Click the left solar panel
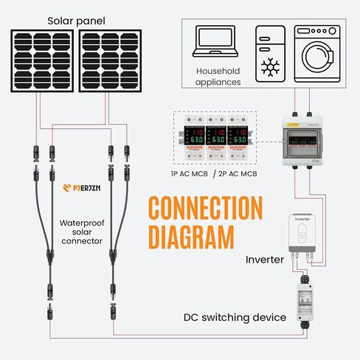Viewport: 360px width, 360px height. (43, 61)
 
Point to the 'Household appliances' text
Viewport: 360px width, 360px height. (218, 77)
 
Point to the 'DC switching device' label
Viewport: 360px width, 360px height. (235, 317)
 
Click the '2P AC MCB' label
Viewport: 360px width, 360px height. (237, 173)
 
